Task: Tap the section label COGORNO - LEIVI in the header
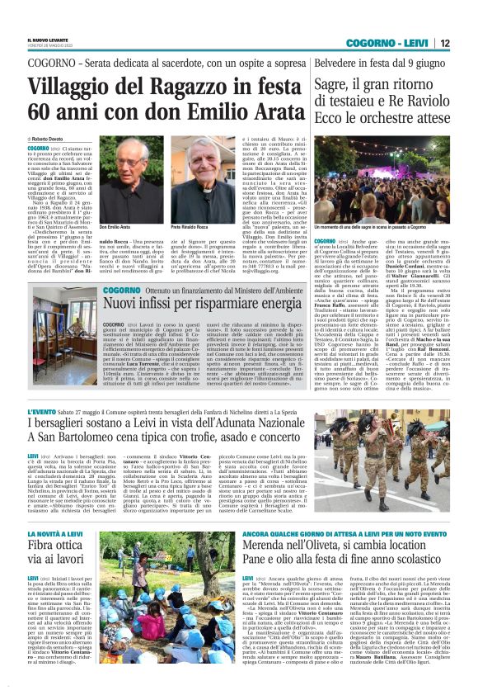click(x=391, y=42)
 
